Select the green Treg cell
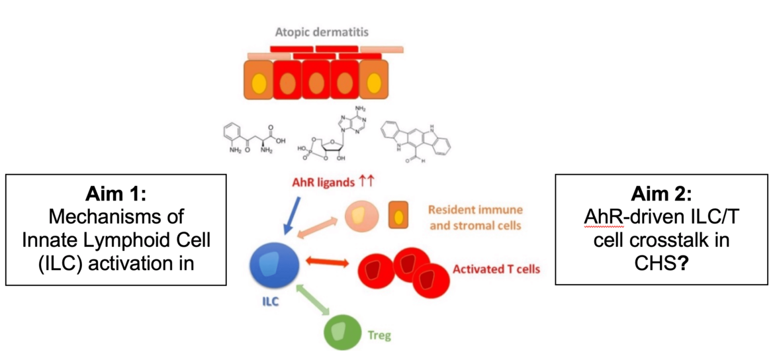(x=341, y=332)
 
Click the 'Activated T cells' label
(x=496, y=269)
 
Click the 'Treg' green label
(x=379, y=336)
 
